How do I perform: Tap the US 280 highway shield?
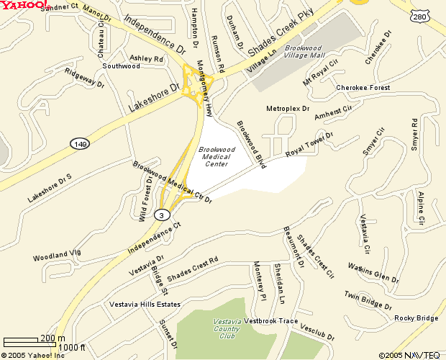click(x=420, y=15)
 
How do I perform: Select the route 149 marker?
click(x=80, y=144)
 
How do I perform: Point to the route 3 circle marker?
click(x=163, y=215)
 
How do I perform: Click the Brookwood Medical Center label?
click(x=217, y=156)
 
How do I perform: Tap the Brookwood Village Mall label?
click(x=303, y=50)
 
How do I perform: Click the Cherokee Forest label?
click(x=363, y=88)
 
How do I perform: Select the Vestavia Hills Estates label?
click(x=144, y=304)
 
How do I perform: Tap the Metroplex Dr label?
click(x=288, y=109)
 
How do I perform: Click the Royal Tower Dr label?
click(x=310, y=144)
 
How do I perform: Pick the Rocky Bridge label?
click(x=416, y=318)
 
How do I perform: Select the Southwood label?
click(x=121, y=66)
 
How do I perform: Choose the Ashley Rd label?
click(x=146, y=58)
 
